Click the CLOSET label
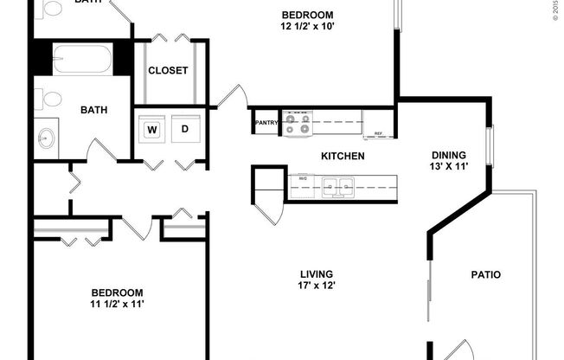pyautogui.click(x=168, y=71)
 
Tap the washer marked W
pyautogui.click(x=152, y=130)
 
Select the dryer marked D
pyautogui.click(x=184, y=130)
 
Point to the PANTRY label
pyautogui.click(x=266, y=123)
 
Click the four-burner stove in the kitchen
pyautogui.click(x=298, y=124)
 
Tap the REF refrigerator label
pyautogui.click(x=378, y=134)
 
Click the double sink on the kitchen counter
pyautogui.click(x=338, y=184)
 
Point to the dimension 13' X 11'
pyautogui.click(x=450, y=168)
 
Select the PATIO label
pyautogui.click(x=485, y=275)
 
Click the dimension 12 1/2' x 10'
pyautogui.click(x=307, y=27)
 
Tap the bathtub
pyautogui.click(x=80, y=60)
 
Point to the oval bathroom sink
pyautogui.click(x=46, y=137)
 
